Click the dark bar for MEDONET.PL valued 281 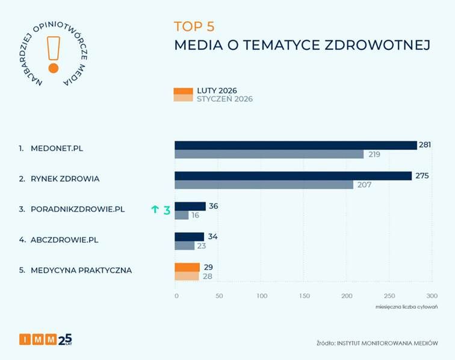(296, 145)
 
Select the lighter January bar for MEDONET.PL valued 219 (269, 155)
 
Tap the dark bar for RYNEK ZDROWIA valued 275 (293, 176)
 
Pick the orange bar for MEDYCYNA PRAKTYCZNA (187, 267)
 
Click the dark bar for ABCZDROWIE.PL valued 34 (190, 237)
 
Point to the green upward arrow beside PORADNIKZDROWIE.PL (155, 209)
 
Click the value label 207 (365, 185)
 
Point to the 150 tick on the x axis (305, 296)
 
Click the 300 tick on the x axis (432, 296)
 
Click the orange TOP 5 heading (194, 26)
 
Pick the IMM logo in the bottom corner (45, 339)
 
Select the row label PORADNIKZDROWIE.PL (77, 209)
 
